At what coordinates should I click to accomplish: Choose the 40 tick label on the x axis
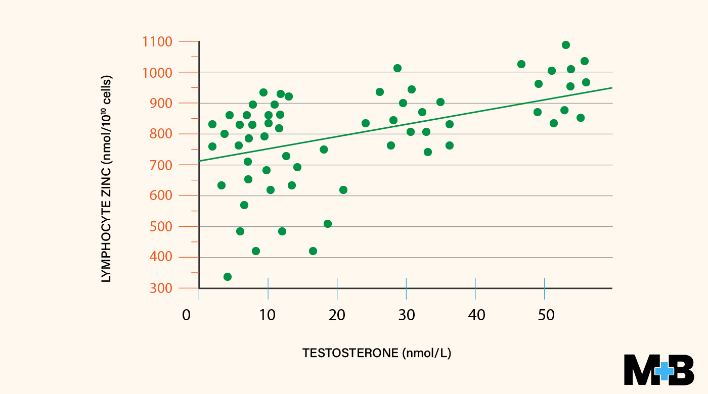coord(476,315)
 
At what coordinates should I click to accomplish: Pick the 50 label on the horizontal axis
coord(546,315)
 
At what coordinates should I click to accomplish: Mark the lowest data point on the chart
coord(228,277)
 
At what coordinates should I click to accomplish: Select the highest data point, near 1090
coord(566,45)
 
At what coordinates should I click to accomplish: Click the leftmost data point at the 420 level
coord(256,251)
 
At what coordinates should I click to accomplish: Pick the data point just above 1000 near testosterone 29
coord(397,68)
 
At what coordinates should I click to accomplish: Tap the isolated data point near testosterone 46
coord(521,64)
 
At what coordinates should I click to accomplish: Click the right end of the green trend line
coord(611,88)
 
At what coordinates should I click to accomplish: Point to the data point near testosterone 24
coord(366,123)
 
